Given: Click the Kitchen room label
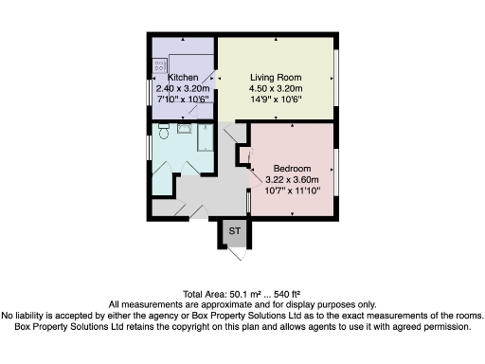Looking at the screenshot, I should (x=182, y=78).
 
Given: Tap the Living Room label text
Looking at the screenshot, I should (x=276, y=78).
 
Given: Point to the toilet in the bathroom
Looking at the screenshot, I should (x=163, y=132).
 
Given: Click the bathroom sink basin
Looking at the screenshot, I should (x=183, y=127).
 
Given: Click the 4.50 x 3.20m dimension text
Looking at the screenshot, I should (x=276, y=89).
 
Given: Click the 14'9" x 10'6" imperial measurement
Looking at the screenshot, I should (x=276, y=100).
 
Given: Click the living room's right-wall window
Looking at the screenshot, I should (x=336, y=81).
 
